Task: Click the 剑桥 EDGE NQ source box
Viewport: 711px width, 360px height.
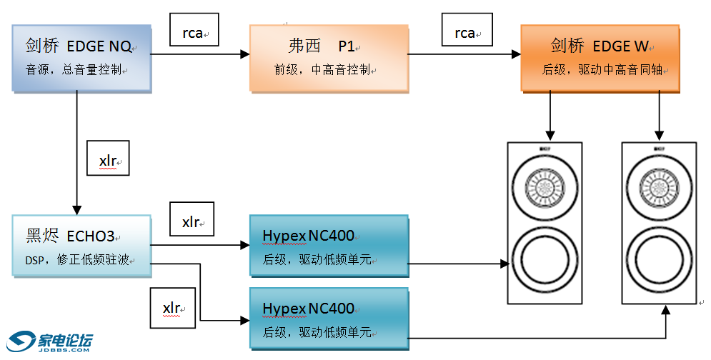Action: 81,58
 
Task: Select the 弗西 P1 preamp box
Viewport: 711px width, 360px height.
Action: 329,58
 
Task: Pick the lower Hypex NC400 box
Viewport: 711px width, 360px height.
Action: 329,319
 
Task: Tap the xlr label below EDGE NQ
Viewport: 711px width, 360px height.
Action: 108,159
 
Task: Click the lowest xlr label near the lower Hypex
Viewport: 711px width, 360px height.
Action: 172,307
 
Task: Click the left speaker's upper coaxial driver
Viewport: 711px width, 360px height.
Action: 545,187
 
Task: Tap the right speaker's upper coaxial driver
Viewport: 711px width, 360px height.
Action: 659,187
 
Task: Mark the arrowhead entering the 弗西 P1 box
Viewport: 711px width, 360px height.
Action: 244,54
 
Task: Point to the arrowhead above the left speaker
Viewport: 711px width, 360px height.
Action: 550,134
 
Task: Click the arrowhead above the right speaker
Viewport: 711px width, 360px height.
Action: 660,134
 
